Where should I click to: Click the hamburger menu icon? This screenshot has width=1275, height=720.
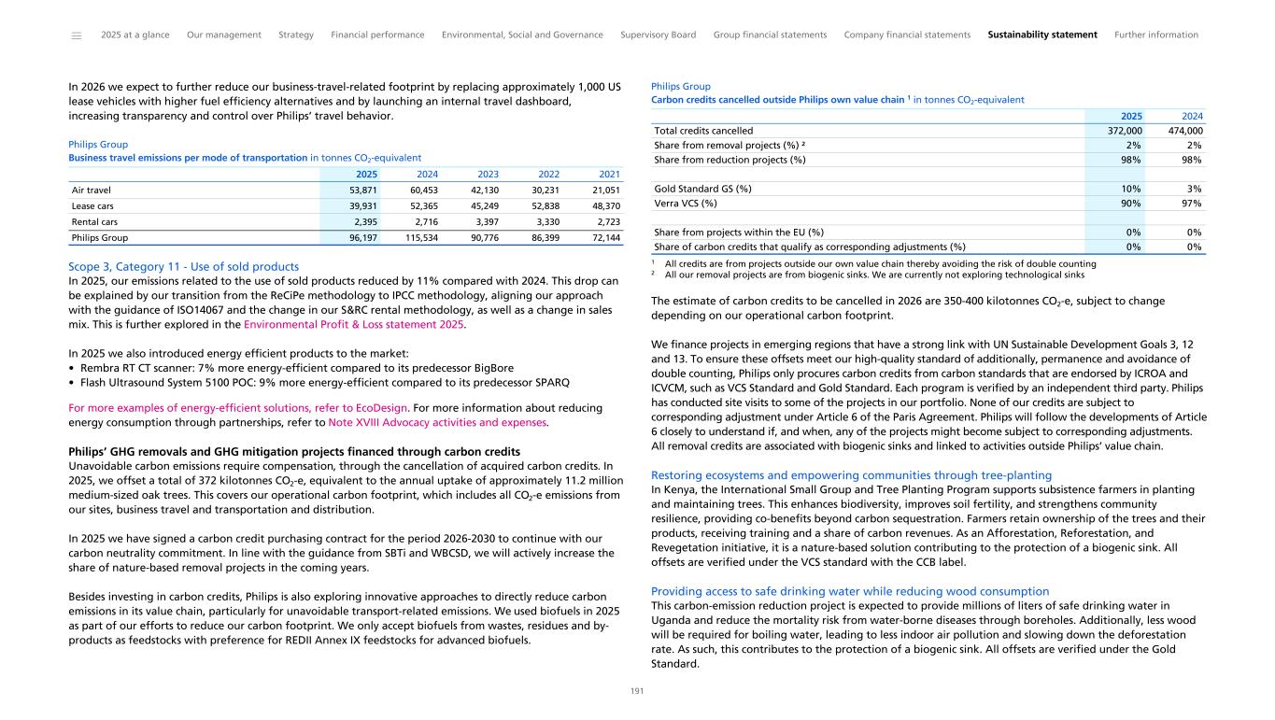tap(76, 35)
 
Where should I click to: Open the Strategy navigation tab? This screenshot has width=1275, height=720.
tap(296, 35)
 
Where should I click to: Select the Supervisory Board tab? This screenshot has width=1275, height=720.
tap(658, 35)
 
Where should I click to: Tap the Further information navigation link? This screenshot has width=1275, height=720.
tap(1155, 35)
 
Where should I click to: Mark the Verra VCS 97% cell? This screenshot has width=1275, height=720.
tap(1189, 203)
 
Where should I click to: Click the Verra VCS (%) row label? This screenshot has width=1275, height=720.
tap(686, 203)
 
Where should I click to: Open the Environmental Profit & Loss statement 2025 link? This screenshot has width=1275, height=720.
tap(353, 325)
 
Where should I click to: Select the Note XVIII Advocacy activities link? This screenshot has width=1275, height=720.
tap(438, 422)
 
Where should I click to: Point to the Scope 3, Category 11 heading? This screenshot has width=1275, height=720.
tap(183, 266)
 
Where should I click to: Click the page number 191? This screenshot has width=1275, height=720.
tap(637, 691)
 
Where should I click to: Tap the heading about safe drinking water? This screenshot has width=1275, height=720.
tap(849, 591)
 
